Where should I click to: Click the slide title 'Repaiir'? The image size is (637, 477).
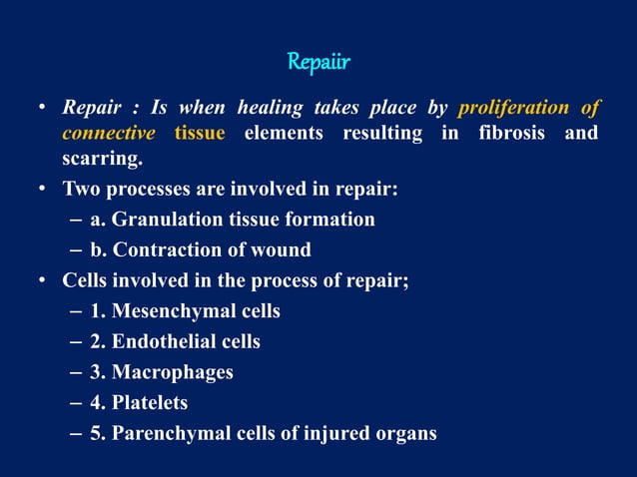[318, 63]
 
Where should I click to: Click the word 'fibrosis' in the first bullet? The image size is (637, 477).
[510, 133]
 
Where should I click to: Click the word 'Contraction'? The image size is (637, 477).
[169, 249]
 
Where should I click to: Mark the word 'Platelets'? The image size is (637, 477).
[150, 403]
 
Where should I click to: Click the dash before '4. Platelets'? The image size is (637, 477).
[77, 403]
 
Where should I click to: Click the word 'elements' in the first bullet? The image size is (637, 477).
[283, 133]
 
